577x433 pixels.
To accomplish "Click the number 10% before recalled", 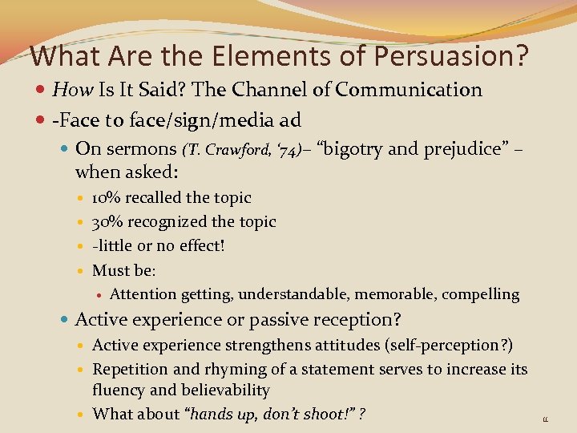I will click(107, 198).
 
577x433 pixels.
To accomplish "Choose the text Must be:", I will click(123, 270).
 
